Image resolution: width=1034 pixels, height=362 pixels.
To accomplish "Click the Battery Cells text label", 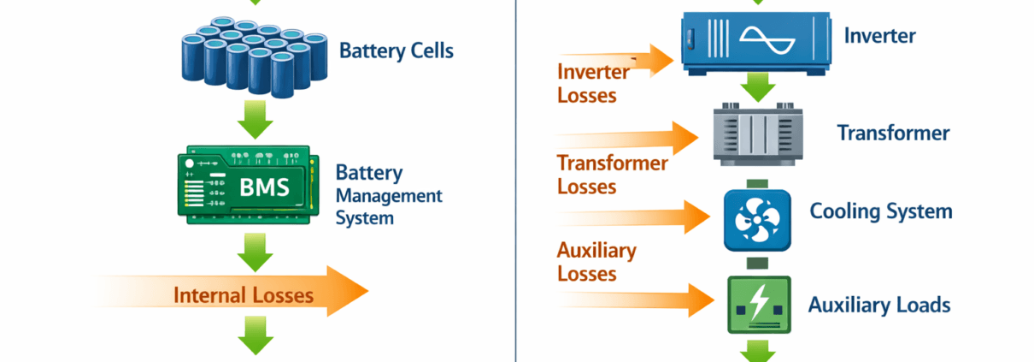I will point(396,50).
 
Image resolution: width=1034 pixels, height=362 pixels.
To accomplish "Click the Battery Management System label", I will point(388,195).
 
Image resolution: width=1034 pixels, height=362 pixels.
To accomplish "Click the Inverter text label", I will point(879,36).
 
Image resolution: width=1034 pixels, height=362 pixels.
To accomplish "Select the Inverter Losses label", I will point(592,83).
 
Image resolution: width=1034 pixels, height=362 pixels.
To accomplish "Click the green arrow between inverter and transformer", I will point(756,86).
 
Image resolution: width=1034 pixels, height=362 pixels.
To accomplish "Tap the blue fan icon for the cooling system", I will point(755,219).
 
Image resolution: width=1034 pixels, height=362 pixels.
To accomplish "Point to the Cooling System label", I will point(880,211).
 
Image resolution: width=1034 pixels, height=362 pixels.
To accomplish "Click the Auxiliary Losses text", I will point(596,262).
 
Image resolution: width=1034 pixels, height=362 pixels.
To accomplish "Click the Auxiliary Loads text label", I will point(878,305).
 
